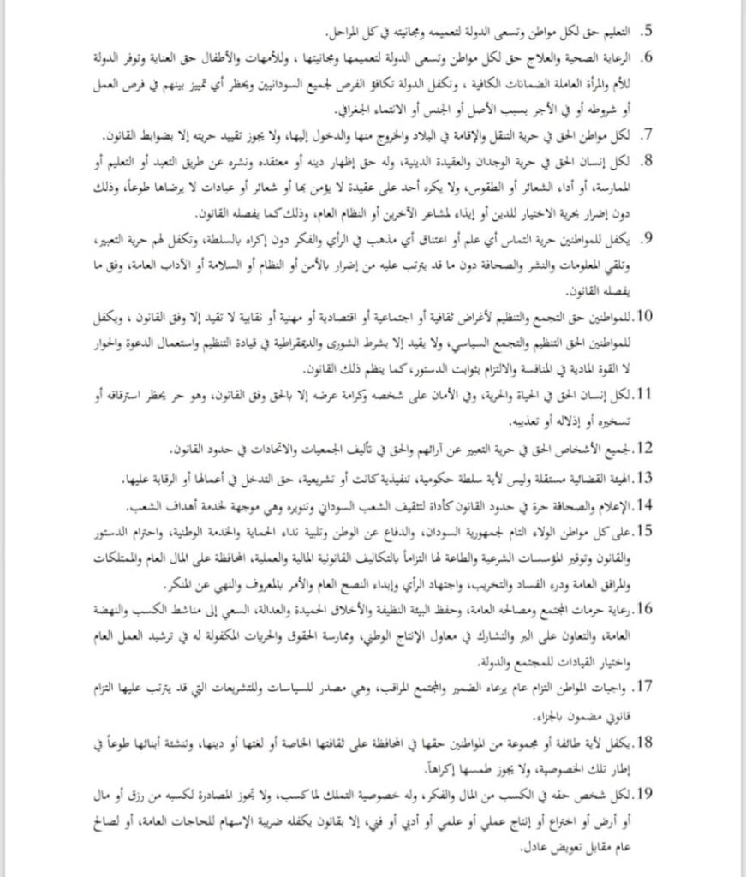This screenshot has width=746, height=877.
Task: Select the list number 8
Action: click(649, 159)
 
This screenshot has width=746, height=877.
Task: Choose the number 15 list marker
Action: click(646, 530)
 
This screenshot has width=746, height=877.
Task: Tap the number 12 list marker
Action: click(646, 448)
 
